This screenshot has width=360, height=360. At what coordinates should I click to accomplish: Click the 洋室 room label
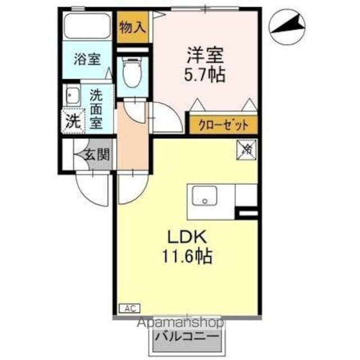click(205, 55)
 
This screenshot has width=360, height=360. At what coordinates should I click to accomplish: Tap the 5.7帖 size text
click(205, 74)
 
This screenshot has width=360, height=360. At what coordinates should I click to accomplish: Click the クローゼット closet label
click(223, 124)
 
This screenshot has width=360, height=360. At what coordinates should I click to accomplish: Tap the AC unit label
click(129, 308)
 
